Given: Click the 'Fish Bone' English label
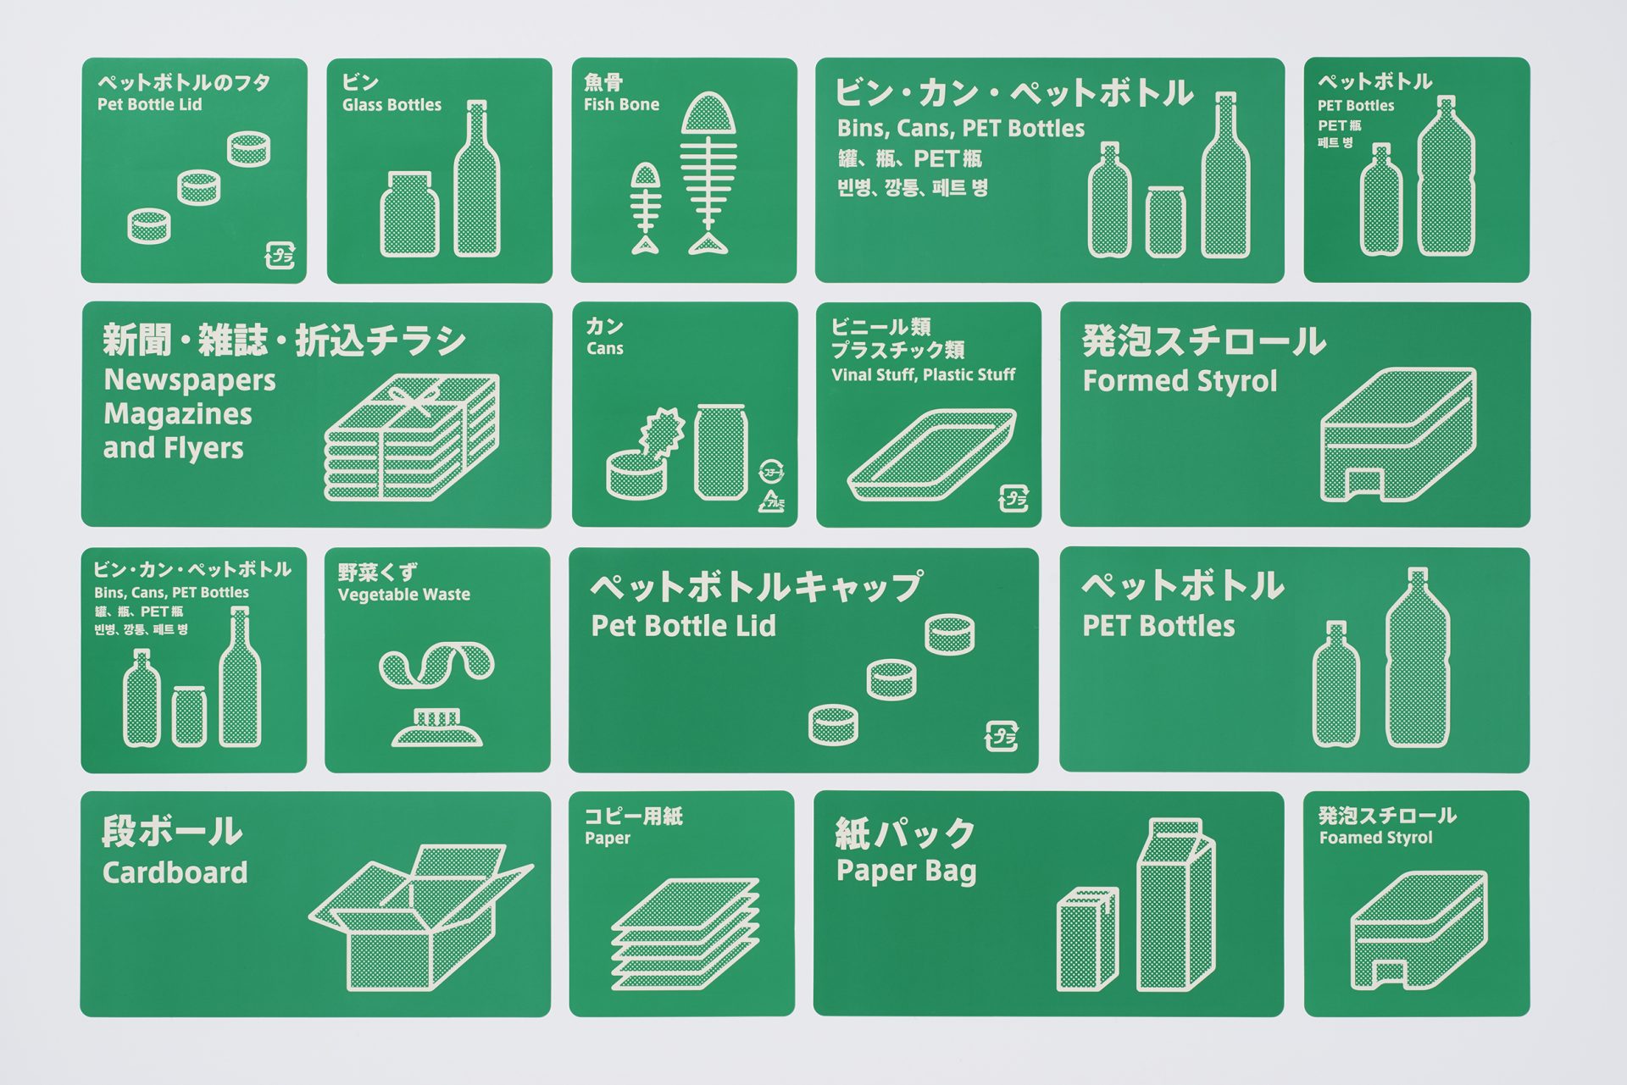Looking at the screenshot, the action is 621,105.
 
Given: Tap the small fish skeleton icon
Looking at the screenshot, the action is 646,208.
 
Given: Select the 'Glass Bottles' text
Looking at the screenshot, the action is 391,105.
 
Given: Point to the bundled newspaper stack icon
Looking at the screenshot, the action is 411,437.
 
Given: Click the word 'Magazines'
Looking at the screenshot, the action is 178,414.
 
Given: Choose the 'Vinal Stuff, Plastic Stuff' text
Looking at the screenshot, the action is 923,375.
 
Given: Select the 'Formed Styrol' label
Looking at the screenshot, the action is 1180,381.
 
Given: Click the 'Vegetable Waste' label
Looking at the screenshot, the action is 403,595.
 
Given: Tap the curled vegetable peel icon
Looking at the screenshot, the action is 436,666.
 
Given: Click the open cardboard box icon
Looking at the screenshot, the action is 421,917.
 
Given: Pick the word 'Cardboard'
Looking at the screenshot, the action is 175,872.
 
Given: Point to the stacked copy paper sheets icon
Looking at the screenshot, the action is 685,933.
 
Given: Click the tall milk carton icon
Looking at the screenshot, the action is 1175,904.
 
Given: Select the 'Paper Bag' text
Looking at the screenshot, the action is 906,872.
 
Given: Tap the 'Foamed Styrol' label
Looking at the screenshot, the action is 1375,838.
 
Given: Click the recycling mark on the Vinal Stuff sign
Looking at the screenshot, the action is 1013,499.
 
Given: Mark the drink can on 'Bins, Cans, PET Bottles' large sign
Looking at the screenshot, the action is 1165,221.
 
